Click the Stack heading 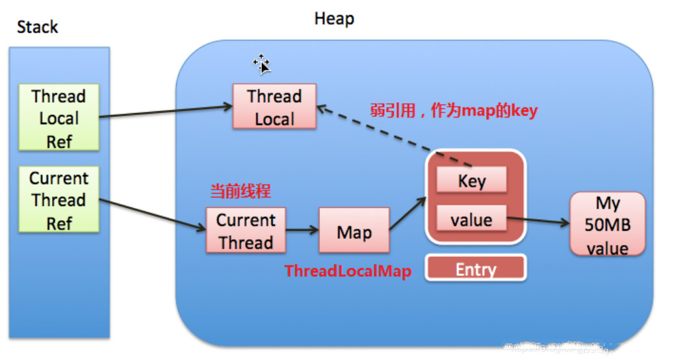click(x=37, y=27)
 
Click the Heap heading click(x=334, y=18)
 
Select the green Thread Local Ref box click(x=59, y=118)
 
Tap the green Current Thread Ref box click(x=59, y=200)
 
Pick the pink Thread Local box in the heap click(x=274, y=107)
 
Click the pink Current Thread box click(x=245, y=231)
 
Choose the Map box click(x=354, y=231)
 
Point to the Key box click(x=471, y=181)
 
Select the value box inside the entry click(x=471, y=220)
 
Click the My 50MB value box click(x=607, y=225)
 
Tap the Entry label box click(x=475, y=268)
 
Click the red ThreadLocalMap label click(x=348, y=271)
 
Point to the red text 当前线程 click(x=240, y=192)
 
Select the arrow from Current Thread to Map click(x=302, y=230)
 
